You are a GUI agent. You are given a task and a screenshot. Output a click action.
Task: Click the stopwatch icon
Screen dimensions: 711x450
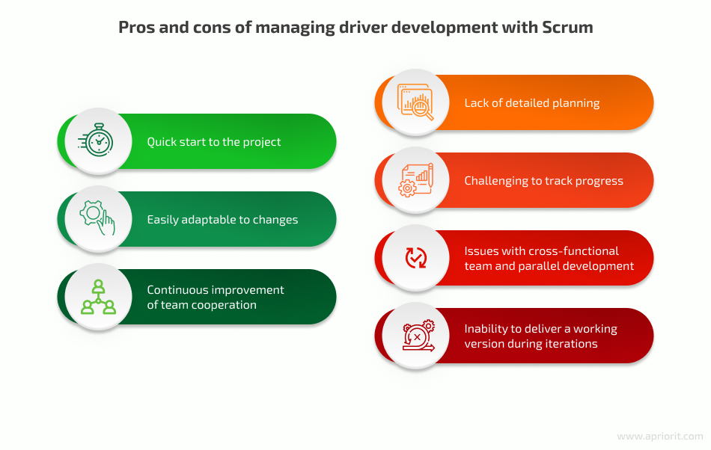[96, 141]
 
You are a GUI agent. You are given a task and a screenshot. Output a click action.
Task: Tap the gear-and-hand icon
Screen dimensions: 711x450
[97, 218]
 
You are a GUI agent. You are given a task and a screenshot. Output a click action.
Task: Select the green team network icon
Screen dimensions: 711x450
[98, 297]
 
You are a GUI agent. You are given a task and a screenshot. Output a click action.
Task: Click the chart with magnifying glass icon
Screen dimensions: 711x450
[415, 102]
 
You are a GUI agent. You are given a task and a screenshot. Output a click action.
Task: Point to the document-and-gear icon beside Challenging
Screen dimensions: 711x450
[416, 179]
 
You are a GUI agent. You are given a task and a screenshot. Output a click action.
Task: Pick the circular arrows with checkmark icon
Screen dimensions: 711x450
[416, 258]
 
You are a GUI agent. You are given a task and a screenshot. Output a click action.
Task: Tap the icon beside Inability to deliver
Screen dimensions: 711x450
[418, 336]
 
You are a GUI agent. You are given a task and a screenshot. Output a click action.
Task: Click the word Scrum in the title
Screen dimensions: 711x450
[567, 27]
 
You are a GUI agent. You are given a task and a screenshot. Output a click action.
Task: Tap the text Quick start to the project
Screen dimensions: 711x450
[213, 142]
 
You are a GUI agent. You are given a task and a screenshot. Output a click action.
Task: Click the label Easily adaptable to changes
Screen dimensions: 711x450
[222, 220]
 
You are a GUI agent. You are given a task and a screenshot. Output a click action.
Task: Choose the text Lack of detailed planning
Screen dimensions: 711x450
[532, 103]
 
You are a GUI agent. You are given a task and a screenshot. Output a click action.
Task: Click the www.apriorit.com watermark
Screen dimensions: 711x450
[660, 437]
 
